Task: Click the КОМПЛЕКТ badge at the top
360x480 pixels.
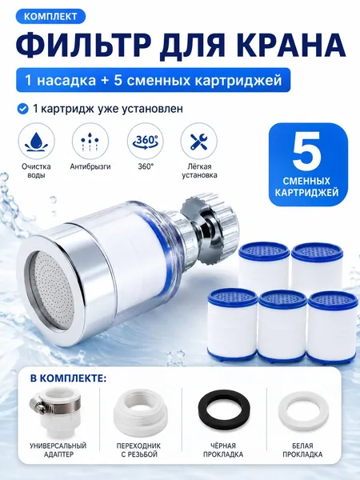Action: click(x=50, y=16)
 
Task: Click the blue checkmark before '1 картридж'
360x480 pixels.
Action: click(x=22, y=109)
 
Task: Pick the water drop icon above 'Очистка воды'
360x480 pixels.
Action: click(x=36, y=141)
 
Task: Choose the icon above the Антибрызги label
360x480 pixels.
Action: click(x=90, y=141)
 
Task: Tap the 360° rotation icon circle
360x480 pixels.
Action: click(x=145, y=141)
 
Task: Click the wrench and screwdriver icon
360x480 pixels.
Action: click(x=199, y=141)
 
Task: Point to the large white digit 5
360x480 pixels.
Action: click(x=307, y=152)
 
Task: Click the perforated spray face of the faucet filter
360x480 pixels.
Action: click(x=49, y=290)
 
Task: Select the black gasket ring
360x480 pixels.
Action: click(x=224, y=411)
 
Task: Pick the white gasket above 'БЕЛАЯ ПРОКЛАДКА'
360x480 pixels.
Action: click(x=303, y=411)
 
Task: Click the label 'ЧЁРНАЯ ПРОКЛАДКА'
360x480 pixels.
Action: click(x=223, y=450)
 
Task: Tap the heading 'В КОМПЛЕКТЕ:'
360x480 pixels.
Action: click(x=68, y=378)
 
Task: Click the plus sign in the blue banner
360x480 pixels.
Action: click(x=104, y=81)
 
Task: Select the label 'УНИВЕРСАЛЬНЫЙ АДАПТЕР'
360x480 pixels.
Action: click(x=58, y=450)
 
